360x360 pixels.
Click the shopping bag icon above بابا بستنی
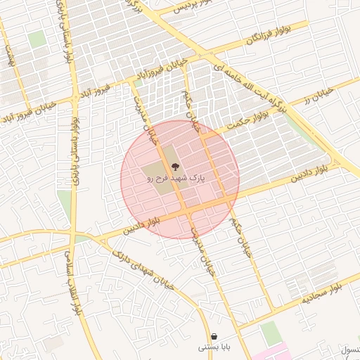click(x=214, y=336)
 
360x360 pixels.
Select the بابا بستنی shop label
click(x=212, y=347)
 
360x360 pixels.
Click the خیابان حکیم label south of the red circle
click(x=242, y=240)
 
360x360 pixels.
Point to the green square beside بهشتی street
click(x=37, y=39)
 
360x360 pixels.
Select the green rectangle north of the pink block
click(x=271, y=333)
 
